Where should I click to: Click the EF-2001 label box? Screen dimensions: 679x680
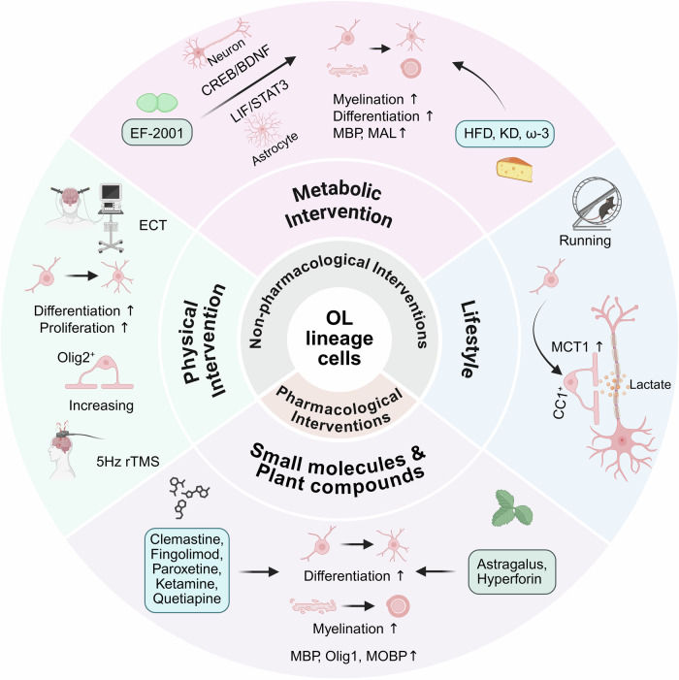coord(156,132)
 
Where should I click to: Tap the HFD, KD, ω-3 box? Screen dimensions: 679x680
coord(505,133)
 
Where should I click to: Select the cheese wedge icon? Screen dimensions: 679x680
coord(515,170)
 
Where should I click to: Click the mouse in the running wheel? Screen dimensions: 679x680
coord(607,208)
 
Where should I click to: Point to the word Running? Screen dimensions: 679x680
coord(585,241)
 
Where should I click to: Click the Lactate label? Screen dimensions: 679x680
coord(650,384)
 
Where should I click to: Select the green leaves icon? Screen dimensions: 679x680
coord(512,507)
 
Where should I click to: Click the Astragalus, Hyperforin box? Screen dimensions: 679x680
coord(511,571)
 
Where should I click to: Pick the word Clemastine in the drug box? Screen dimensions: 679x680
coord(187,539)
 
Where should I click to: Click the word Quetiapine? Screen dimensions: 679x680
coord(187,599)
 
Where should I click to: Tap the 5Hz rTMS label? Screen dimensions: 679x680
coord(128,461)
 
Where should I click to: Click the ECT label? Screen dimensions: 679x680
coord(152,225)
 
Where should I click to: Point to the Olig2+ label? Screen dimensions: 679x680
coord(77,357)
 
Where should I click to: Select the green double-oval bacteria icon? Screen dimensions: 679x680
coord(157,103)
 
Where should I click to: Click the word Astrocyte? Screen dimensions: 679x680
coord(275,148)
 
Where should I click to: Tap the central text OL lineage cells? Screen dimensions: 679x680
coord(339,339)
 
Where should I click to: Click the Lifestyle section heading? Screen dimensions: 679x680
coord(470,340)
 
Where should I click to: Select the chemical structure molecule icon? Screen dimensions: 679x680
coord(188,497)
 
